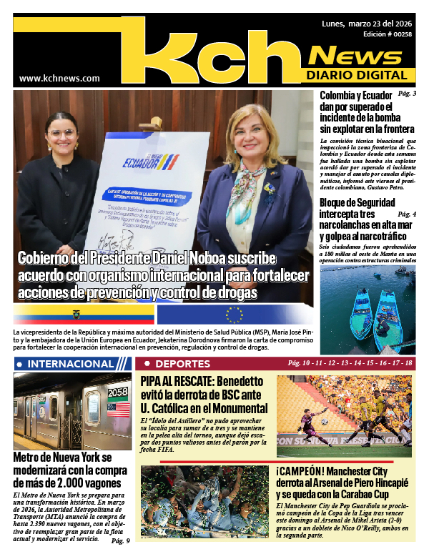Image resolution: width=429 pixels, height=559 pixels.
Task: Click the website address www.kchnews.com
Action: point(59,78)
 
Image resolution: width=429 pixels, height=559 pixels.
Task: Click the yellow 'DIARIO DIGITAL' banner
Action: point(361,75)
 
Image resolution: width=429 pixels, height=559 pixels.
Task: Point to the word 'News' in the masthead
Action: point(361,55)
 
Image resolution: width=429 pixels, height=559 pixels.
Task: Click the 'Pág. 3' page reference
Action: point(407,94)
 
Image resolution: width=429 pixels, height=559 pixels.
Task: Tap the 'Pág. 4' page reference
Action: point(407,214)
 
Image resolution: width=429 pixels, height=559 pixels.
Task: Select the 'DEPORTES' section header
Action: point(172,364)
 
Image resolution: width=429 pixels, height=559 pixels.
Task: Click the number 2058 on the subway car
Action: point(117,391)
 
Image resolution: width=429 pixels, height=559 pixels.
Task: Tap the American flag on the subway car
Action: point(118,409)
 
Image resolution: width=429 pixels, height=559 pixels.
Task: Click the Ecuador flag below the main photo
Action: point(84,315)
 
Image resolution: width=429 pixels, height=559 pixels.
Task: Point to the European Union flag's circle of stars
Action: point(234,315)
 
